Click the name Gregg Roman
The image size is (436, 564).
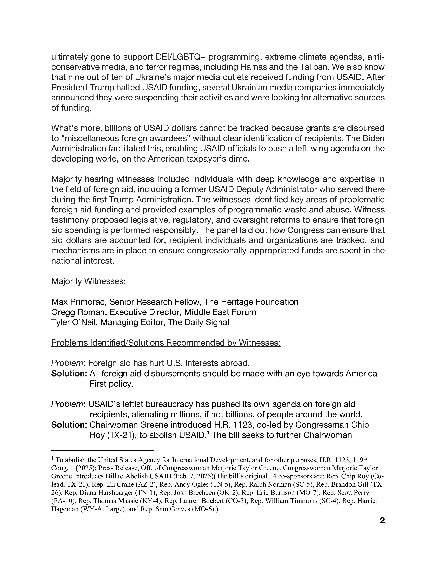tap(78, 312)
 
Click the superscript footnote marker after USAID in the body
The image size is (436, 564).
tap(208, 433)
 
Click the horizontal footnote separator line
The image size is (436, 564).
tap(103, 450)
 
